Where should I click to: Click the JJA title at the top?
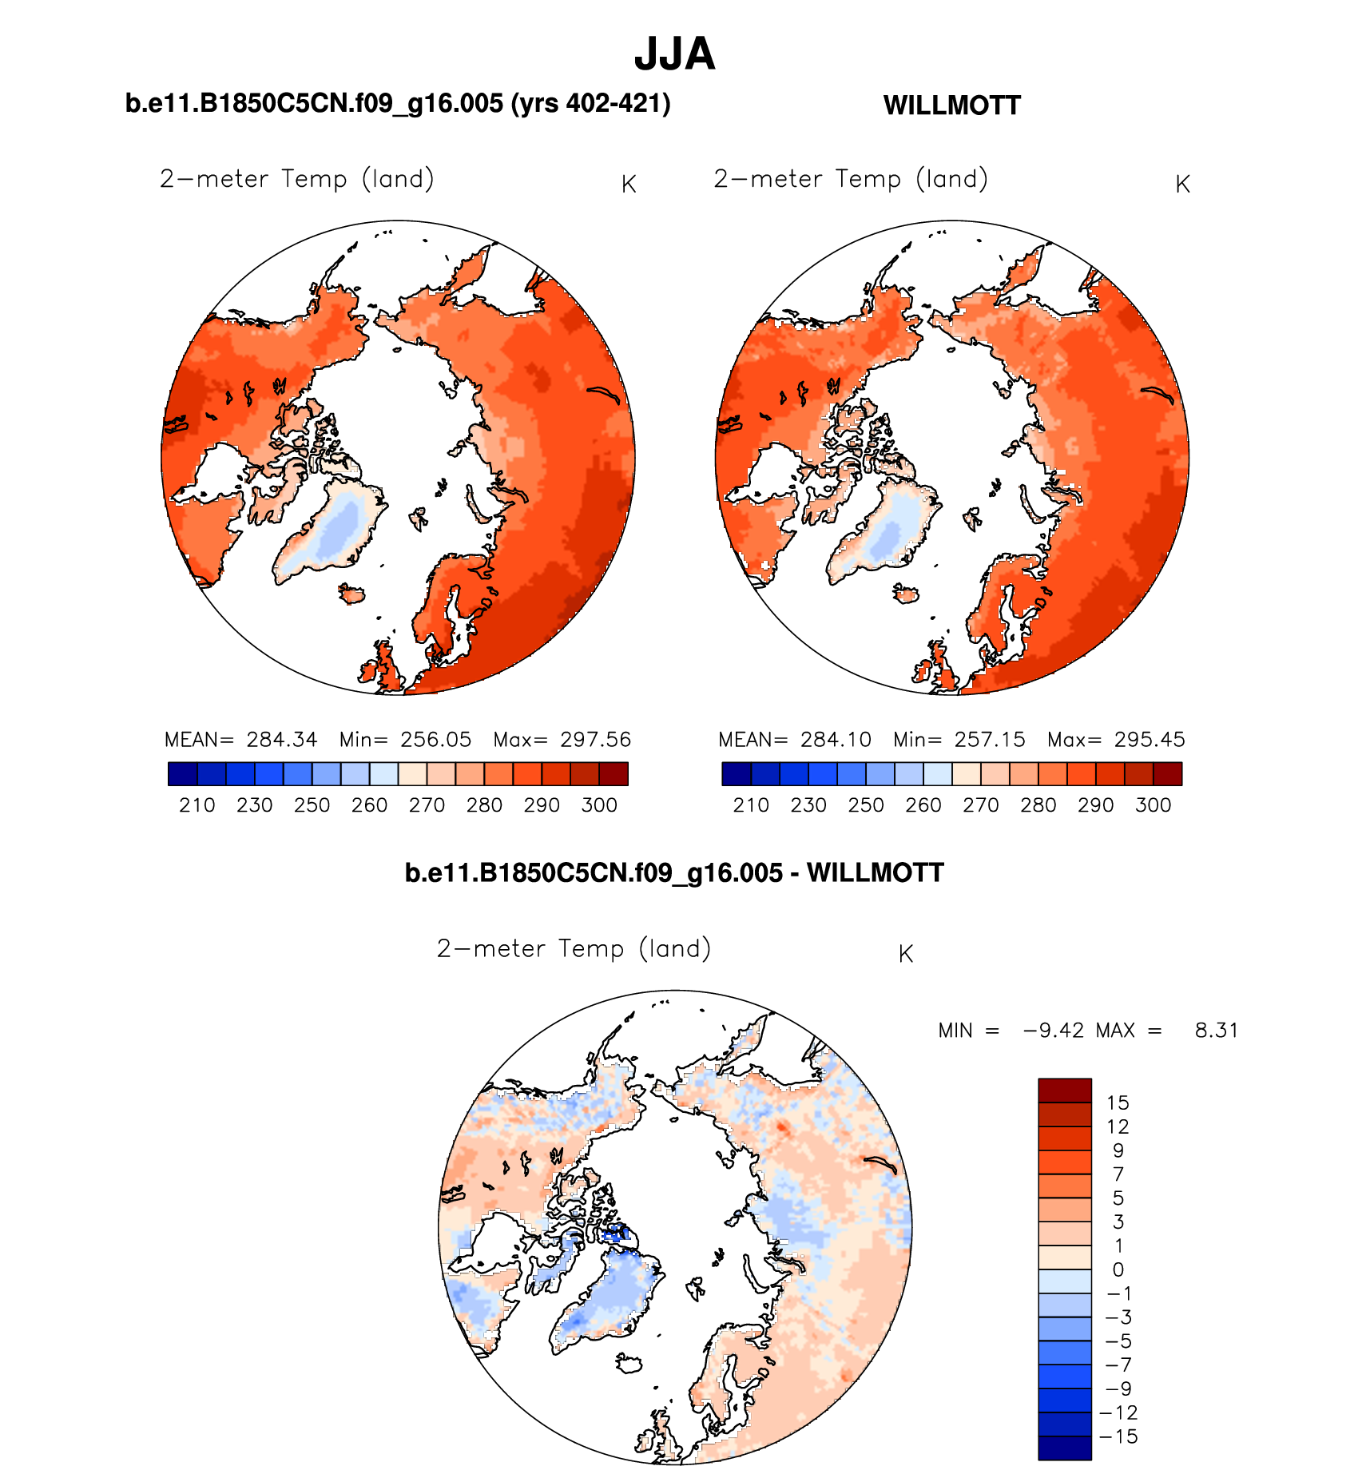[674, 54]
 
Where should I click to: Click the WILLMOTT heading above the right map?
[951, 105]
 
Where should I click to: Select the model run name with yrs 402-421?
[398, 104]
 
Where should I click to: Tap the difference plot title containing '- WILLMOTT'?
[674, 872]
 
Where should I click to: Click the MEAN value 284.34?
[281, 740]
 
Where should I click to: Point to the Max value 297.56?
[595, 740]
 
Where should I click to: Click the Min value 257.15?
[990, 740]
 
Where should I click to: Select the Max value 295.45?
[1150, 740]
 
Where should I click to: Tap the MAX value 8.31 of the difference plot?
[1216, 1031]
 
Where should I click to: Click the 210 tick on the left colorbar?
[197, 805]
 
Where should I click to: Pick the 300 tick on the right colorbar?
[1153, 805]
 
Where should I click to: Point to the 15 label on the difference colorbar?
[1118, 1103]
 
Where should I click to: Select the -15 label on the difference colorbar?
[1118, 1436]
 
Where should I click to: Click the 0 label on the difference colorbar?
[1118, 1269]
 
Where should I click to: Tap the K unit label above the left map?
[629, 185]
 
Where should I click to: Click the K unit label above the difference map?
[905, 954]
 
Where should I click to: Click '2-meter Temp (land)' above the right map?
[851, 179]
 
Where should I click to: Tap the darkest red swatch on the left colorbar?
[614, 774]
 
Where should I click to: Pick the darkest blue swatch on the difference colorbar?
[1064, 1448]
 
